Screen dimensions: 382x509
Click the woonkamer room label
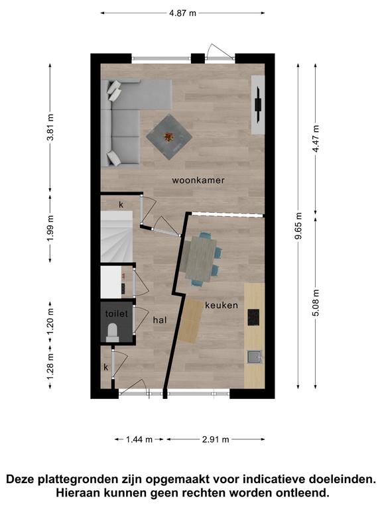(x=198, y=180)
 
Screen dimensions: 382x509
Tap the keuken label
(x=222, y=305)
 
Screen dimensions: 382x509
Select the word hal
(x=160, y=320)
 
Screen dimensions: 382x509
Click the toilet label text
(x=116, y=314)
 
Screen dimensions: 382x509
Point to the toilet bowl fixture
(x=112, y=333)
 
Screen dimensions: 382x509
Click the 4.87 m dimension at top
(x=183, y=13)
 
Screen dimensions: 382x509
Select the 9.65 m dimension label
(x=298, y=226)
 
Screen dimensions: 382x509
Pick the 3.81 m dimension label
(x=50, y=127)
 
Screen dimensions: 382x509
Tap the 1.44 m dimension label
(x=139, y=439)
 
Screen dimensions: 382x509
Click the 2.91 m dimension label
(x=216, y=439)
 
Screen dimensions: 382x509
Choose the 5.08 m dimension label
(x=316, y=302)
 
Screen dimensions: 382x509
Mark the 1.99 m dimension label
(x=50, y=228)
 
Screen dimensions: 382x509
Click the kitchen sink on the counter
(x=255, y=357)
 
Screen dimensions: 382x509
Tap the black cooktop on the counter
(x=253, y=317)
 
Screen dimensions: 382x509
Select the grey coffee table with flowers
(x=169, y=137)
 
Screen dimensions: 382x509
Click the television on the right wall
(x=258, y=105)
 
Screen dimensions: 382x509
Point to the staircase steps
(x=117, y=237)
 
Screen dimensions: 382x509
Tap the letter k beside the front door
(x=105, y=367)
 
